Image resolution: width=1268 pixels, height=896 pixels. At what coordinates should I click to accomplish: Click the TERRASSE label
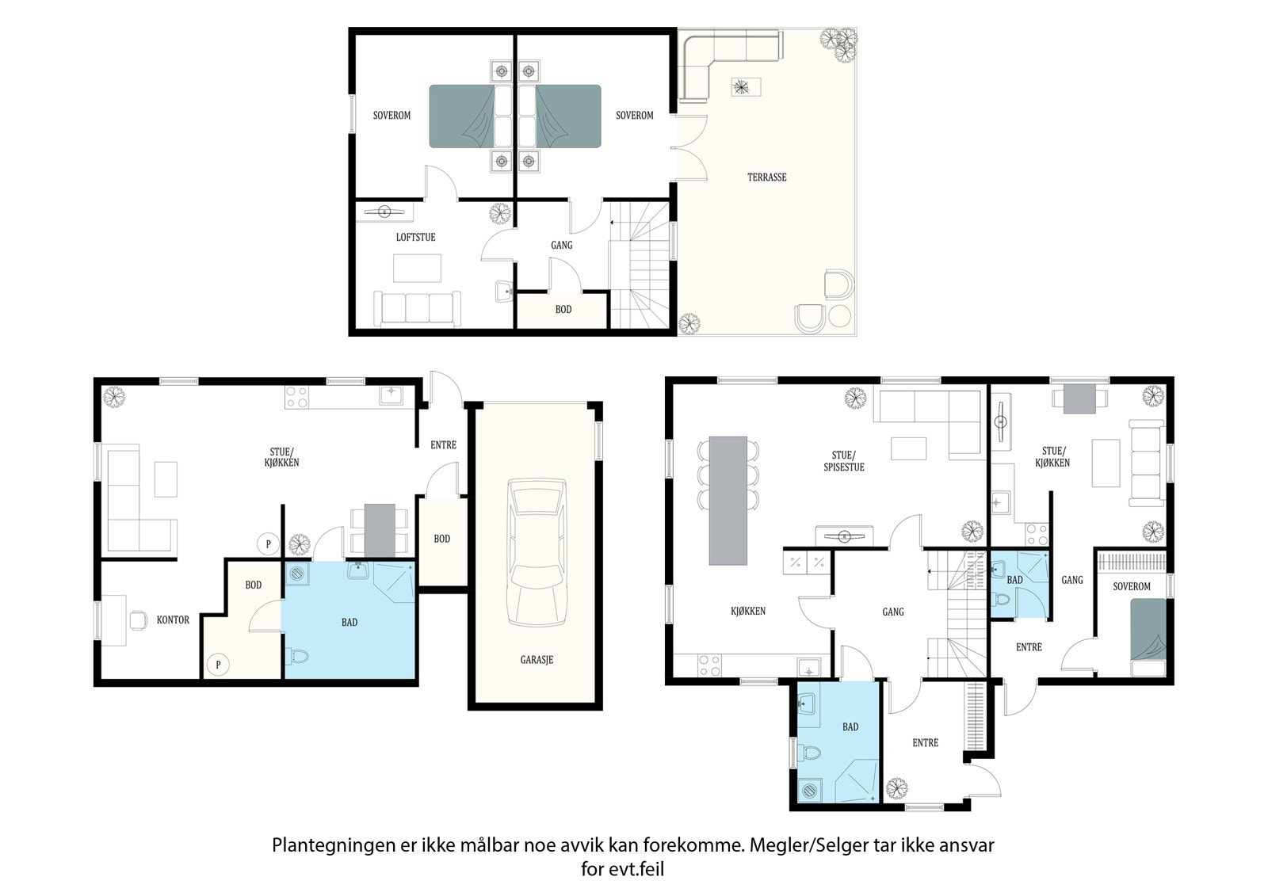click(766, 177)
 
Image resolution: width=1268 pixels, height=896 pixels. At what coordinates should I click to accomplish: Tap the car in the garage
click(537, 552)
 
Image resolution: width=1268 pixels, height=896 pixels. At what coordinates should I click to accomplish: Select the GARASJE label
click(537, 659)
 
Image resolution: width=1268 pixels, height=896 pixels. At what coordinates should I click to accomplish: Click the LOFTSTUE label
click(415, 237)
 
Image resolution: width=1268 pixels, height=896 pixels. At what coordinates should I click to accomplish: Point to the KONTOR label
click(173, 620)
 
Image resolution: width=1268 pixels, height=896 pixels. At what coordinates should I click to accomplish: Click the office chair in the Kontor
click(138, 620)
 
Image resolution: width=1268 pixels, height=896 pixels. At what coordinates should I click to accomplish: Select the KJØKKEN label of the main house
click(748, 611)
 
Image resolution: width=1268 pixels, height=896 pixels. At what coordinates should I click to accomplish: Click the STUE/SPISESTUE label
click(843, 461)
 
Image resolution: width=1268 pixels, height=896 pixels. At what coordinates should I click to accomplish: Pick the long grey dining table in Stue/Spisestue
click(728, 501)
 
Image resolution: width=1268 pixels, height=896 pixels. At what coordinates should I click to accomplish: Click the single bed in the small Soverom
click(1148, 637)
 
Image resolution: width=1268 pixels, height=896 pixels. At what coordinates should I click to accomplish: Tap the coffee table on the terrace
click(746, 87)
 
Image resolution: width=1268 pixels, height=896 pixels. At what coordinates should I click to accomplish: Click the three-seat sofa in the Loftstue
click(417, 308)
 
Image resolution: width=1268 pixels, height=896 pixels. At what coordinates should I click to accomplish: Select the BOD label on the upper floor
click(563, 310)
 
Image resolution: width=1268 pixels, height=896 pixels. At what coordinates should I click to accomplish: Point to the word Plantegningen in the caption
click(334, 846)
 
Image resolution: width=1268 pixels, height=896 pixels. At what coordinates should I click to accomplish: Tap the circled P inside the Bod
click(218, 664)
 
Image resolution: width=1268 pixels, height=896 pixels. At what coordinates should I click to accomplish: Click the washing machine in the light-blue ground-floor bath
click(297, 574)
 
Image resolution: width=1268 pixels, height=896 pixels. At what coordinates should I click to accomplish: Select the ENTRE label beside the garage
click(443, 445)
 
